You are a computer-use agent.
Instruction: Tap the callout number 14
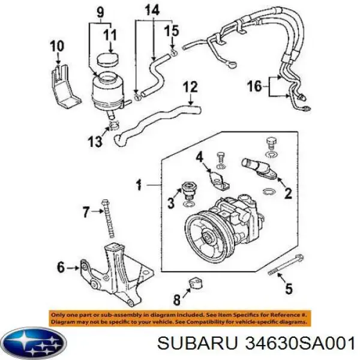(x=152, y=10)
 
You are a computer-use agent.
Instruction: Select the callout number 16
(x=254, y=87)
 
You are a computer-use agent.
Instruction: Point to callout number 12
(x=190, y=88)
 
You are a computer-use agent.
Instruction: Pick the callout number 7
(x=86, y=212)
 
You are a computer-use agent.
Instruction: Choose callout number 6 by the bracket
(x=61, y=268)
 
